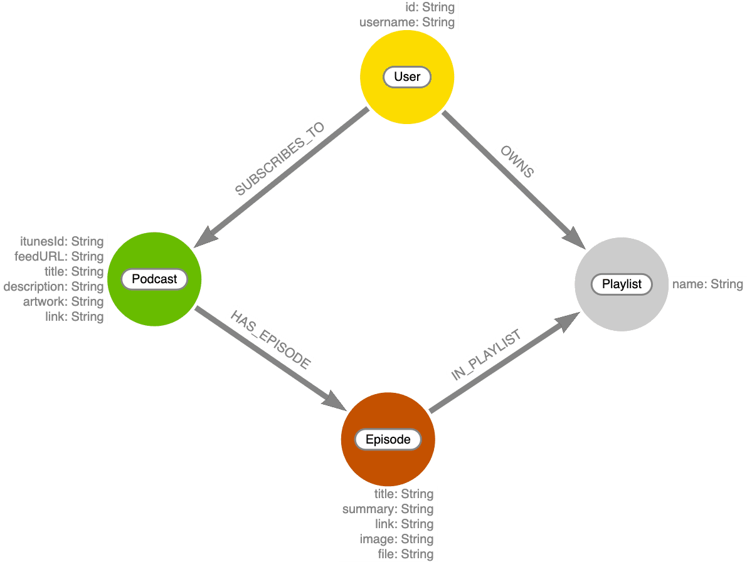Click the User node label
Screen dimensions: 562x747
click(x=407, y=77)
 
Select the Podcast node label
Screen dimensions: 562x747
click(x=154, y=279)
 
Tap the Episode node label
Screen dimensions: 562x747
click(x=388, y=440)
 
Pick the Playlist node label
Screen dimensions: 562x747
click(x=622, y=284)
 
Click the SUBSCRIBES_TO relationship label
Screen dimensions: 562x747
click(x=280, y=161)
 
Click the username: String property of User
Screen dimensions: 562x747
click(x=406, y=23)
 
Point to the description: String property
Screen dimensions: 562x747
click(x=53, y=287)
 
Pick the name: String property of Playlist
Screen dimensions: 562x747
click(x=707, y=284)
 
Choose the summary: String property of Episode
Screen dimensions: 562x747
click(x=388, y=509)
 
